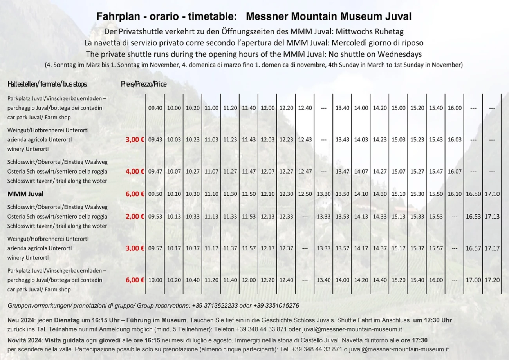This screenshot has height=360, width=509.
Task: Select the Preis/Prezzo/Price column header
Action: pyautogui.click(x=144, y=84)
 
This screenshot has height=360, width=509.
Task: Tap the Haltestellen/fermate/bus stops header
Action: pyautogui.click(x=47, y=84)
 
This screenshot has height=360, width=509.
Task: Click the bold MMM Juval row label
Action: pyautogui.click(x=25, y=194)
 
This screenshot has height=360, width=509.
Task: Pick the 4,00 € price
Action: pyautogui.click(x=135, y=171)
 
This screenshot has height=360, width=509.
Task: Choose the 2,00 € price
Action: pyautogui.click(x=135, y=217)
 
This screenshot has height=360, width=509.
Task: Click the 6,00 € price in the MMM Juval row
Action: pyautogui.click(x=135, y=194)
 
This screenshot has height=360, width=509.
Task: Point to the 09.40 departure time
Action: pyautogui.click(x=155, y=108)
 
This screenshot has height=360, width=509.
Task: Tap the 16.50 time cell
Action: pyautogui.click(x=473, y=194)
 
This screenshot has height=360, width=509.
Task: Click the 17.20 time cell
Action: pyautogui.click(x=492, y=280)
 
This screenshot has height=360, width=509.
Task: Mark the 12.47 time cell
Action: pyautogui.click(x=305, y=171)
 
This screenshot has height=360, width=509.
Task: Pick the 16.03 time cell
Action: pyautogui.click(x=455, y=139)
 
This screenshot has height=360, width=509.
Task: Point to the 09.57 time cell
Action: pyautogui.click(x=155, y=248)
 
